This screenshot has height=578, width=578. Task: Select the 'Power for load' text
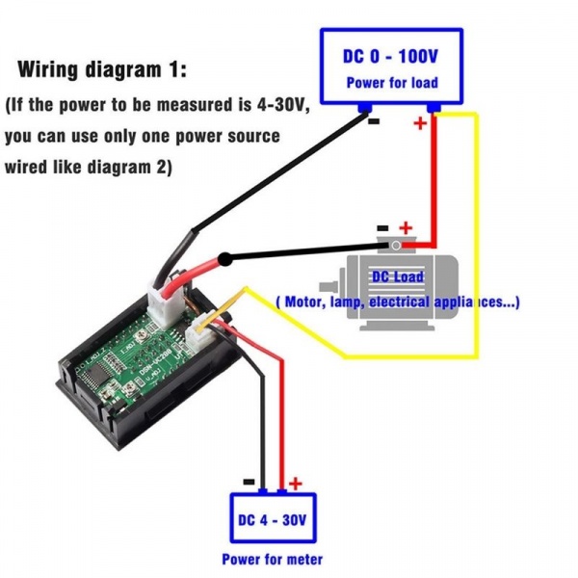(x=391, y=83)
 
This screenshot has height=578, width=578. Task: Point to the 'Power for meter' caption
(x=273, y=559)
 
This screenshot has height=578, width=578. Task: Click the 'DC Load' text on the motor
(x=397, y=277)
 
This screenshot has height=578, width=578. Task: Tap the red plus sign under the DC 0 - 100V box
(x=420, y=123)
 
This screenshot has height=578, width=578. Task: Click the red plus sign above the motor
(x=406, y=228)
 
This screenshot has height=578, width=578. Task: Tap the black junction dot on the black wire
(x=224, y=259)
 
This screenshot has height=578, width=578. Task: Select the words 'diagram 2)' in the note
(x=129, y=166)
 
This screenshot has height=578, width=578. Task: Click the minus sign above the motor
(x=383, y=229)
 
